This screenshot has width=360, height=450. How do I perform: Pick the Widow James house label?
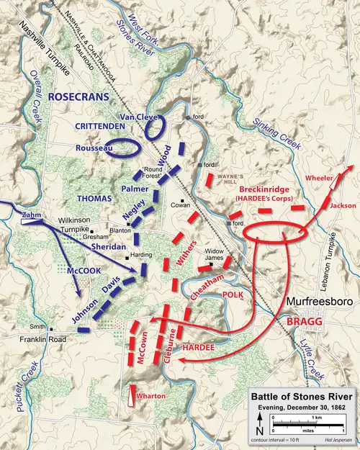[x=214, y=253]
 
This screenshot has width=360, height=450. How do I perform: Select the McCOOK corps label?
[x=74, y=263]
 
